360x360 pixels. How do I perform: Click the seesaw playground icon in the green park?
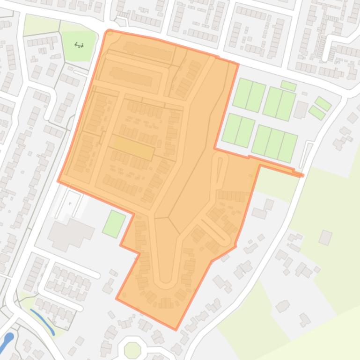tap(79, 45)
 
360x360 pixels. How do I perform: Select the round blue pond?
tap(9, 337)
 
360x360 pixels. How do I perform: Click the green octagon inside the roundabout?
tap(132, 349)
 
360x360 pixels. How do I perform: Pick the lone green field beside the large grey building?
tap(114, 223)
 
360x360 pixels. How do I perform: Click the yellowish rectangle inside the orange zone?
tap(134, 149)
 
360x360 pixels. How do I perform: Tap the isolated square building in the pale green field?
tap(325, 238)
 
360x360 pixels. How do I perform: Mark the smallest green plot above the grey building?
tap(288, 86)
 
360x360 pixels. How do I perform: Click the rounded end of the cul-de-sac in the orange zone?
tap(165, 282)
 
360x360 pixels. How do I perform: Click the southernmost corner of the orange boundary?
tap(176, 329)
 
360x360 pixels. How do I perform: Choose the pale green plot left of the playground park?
tap(41, 25)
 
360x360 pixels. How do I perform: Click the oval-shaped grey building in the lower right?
tap(283, 307)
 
